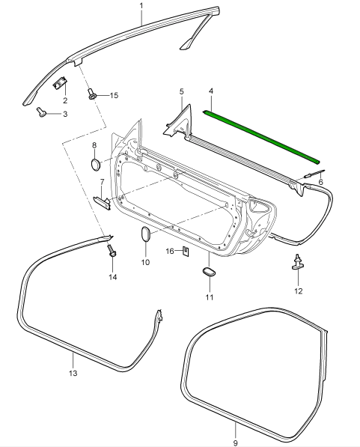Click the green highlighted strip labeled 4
pos(262,137)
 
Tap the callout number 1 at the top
pos(141,6)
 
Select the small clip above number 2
pos(60,82)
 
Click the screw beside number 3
pos(42,112)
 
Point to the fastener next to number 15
pos(92,94)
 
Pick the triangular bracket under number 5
pos(178,122)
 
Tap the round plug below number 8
pos(96,165)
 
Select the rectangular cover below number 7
pos(102,202)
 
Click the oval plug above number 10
pos(146,234)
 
